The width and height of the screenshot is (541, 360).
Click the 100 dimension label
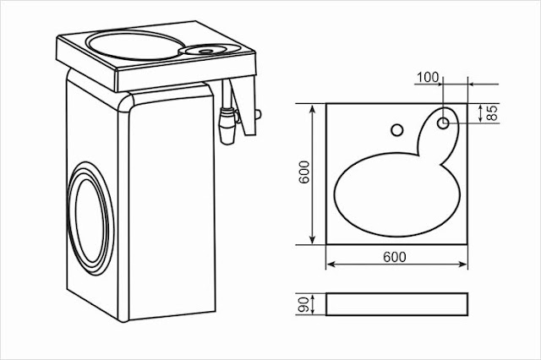click(x=428, y=78)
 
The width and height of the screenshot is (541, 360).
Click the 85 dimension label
click(x=492, y=112)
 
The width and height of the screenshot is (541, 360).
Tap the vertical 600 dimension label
click(x=304, y=172)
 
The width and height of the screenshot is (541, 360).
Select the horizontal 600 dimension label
click(x=395, y=257)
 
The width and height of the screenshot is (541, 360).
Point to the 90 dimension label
click(x=303, y=303)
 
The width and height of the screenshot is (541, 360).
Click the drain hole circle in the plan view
click(x=443, y=123)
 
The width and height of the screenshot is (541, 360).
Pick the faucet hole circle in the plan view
click(x=397, y=130)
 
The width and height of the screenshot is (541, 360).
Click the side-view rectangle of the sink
click(x=396, y=304)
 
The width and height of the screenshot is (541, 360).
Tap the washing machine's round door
click(x=90, y=219)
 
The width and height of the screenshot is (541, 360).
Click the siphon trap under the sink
click(x=228, y=125)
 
